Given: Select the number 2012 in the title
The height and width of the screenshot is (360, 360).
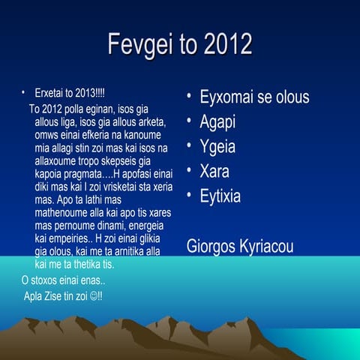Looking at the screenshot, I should (224, 45).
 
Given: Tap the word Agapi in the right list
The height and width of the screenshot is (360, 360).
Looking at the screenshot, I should (217, 122).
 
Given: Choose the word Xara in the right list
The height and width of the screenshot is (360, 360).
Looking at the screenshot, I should (214, 171).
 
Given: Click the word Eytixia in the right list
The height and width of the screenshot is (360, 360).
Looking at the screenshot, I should (220, 196).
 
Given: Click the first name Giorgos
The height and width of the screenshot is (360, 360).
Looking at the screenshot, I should (209, 247).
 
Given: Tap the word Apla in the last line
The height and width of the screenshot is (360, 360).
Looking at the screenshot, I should (34, 295).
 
